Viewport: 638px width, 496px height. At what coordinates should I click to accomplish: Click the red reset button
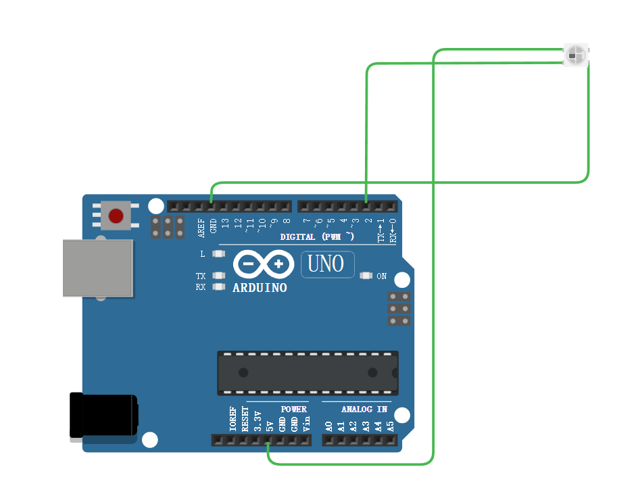[x=116, y=216]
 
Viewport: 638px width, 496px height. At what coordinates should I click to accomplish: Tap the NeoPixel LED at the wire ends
[x=576, y=54]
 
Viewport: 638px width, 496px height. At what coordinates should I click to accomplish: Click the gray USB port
[x=97, y=268]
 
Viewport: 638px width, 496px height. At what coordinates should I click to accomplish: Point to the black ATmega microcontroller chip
[x=308, y=372]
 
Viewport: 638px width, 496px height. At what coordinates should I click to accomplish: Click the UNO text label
[x=326, y=264]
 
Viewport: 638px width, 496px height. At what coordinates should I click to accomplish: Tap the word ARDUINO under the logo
[x=260, y=288]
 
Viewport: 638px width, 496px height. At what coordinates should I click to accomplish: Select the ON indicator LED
[x=366, y=276]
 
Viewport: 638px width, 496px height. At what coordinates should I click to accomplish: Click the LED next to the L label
[x=218, y=254]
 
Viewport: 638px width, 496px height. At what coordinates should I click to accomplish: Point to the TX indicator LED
[x=218, y=276]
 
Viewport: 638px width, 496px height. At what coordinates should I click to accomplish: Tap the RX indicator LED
[x=218, y=287]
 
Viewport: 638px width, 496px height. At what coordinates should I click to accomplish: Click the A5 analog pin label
[x=390, y=426]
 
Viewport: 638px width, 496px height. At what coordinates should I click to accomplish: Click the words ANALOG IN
[x=364, y=409]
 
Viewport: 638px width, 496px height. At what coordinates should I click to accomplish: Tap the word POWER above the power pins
[x=293, y=409]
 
